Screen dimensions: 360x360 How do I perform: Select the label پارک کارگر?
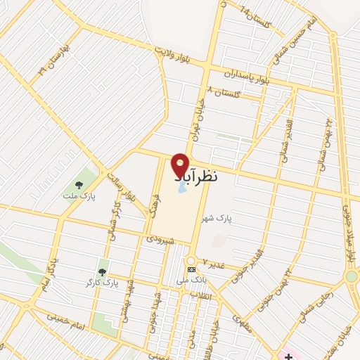(x=100, y=282)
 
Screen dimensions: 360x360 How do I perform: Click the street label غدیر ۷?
(x=214, y=262)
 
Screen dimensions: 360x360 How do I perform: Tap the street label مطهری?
(x=242, y=323)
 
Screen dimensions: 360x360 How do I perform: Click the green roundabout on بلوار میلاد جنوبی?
(x=352, y=276)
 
